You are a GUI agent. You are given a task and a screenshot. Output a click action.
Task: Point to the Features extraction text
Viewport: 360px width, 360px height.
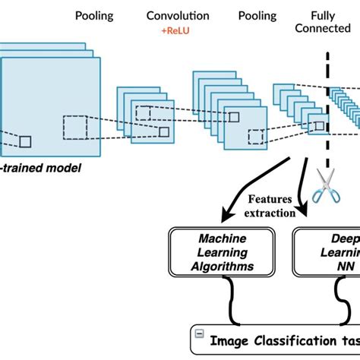[270, 206]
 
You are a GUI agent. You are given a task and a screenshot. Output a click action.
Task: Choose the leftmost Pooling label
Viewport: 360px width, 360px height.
[95, 15]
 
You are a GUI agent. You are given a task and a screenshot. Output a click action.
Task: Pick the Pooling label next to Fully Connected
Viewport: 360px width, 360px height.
[257, 15]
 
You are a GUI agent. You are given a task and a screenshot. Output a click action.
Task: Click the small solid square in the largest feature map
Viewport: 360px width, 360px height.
[25, 141]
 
